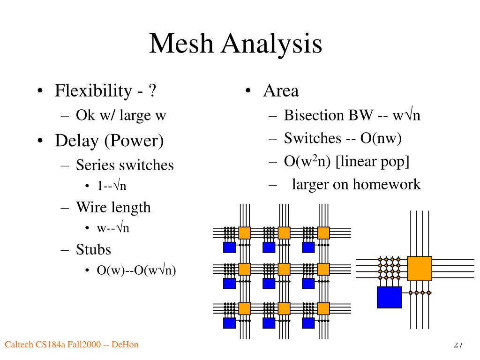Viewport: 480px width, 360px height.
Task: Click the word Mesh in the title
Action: pyautogui.click(x=181, y=43)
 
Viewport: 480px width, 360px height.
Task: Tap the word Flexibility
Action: pyautogui.click(x=93, y=90)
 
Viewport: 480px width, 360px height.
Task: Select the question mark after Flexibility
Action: pyautogui.click(x=152, y=90)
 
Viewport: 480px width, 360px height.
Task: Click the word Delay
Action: pyautogui.click(x=77, y=141)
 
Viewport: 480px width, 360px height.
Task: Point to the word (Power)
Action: pyautogui.click(x=134, y=141)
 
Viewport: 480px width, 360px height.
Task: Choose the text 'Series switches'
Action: pyautogui.click(x=125, y=165)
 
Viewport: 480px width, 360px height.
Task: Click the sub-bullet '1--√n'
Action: pyautogui.click(x=112, y=186)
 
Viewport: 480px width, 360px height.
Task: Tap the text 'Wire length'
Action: pyautogui.click(x=113, y=208)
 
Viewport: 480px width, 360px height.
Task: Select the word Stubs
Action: pyautogui.click(x=93, y=249)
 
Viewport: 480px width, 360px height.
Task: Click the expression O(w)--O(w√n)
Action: pyautogui.click(x=136, y=270)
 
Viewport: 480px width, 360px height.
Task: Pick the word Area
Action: pyautogui.click(x=281, y=91)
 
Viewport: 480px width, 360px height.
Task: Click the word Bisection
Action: pyautogui.click(x=314, y=115)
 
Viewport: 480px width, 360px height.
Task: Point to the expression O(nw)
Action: pyautogui.click(x=381, y=138)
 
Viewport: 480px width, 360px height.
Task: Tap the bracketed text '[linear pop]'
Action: pyautogui.click(x=372, y=162)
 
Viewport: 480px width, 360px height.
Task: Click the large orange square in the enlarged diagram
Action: pyautogui.click(x=420, y=269)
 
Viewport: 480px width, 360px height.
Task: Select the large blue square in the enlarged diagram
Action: pyautogui.click(x=390, y=297)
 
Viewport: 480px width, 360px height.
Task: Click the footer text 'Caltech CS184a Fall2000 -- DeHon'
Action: pyautogui.click(x=71, y=345)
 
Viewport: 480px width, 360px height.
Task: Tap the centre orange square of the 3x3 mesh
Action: pyautogui.click(x=284, y=270)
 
